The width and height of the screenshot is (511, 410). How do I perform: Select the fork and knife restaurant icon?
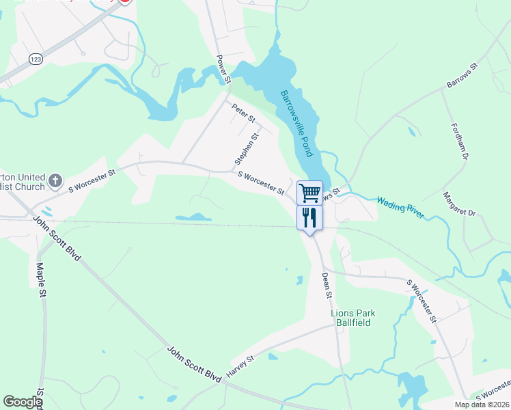pyautogui.click(x=309, y=218)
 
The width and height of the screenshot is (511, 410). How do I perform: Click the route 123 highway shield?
pyautogui.click(x=36, y=59)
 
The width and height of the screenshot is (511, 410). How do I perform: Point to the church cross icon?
pyautogui.click(x=56, y=182)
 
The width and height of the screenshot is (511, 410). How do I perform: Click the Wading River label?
pyautogui.click(x=400, y=208)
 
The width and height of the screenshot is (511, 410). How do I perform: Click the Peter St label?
pyautogui.click(x=243, y=113)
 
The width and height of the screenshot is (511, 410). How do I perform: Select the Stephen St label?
pyautogui.click(x=247, y=149)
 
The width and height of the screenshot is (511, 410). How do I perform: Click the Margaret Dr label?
pyautogui.click(x=458, y=204)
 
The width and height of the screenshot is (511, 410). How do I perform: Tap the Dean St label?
pyautogui.click(x=327, y=285)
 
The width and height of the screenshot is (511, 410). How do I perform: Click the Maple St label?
pyautogui.click(x=41, y=280)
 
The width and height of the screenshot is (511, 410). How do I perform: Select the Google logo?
pyautogui.click(x=23, y=402)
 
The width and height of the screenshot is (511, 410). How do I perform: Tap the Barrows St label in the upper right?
pyautogui.click(x=462, y=74)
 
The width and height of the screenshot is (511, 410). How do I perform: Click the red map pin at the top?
pyautogui.click(x=124, y=1)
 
